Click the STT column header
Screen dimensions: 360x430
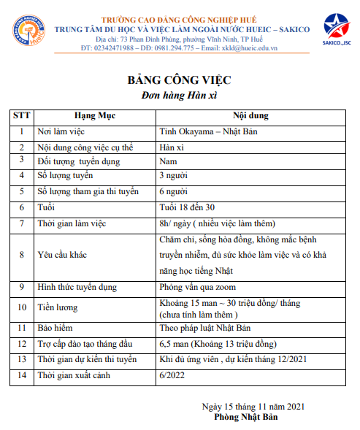coord(22,115)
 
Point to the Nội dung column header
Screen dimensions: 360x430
coord(251,115)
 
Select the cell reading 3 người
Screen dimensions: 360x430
coord(175,175)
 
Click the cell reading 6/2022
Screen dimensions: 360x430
coord(172,375)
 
